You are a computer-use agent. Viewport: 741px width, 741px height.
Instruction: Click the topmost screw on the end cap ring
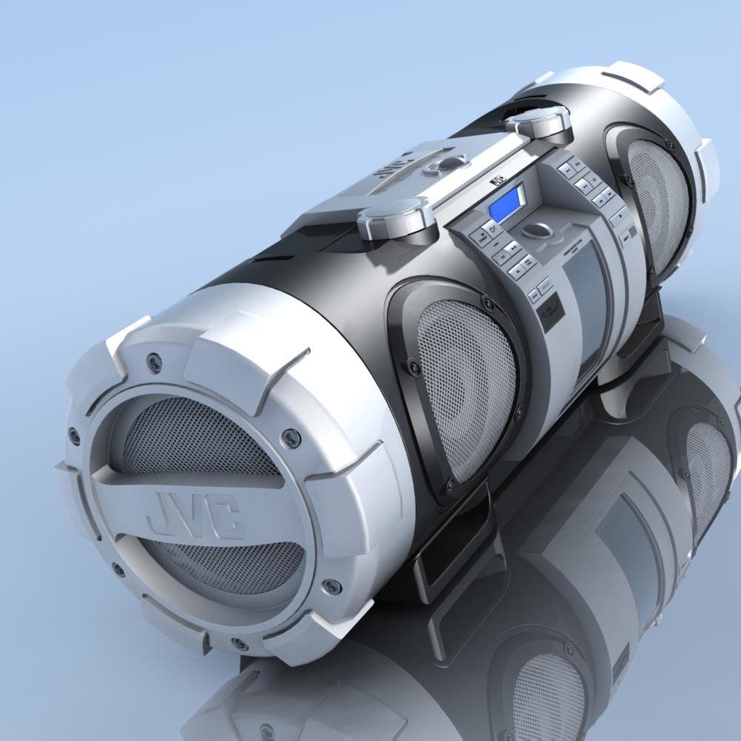tap(153, 361)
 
